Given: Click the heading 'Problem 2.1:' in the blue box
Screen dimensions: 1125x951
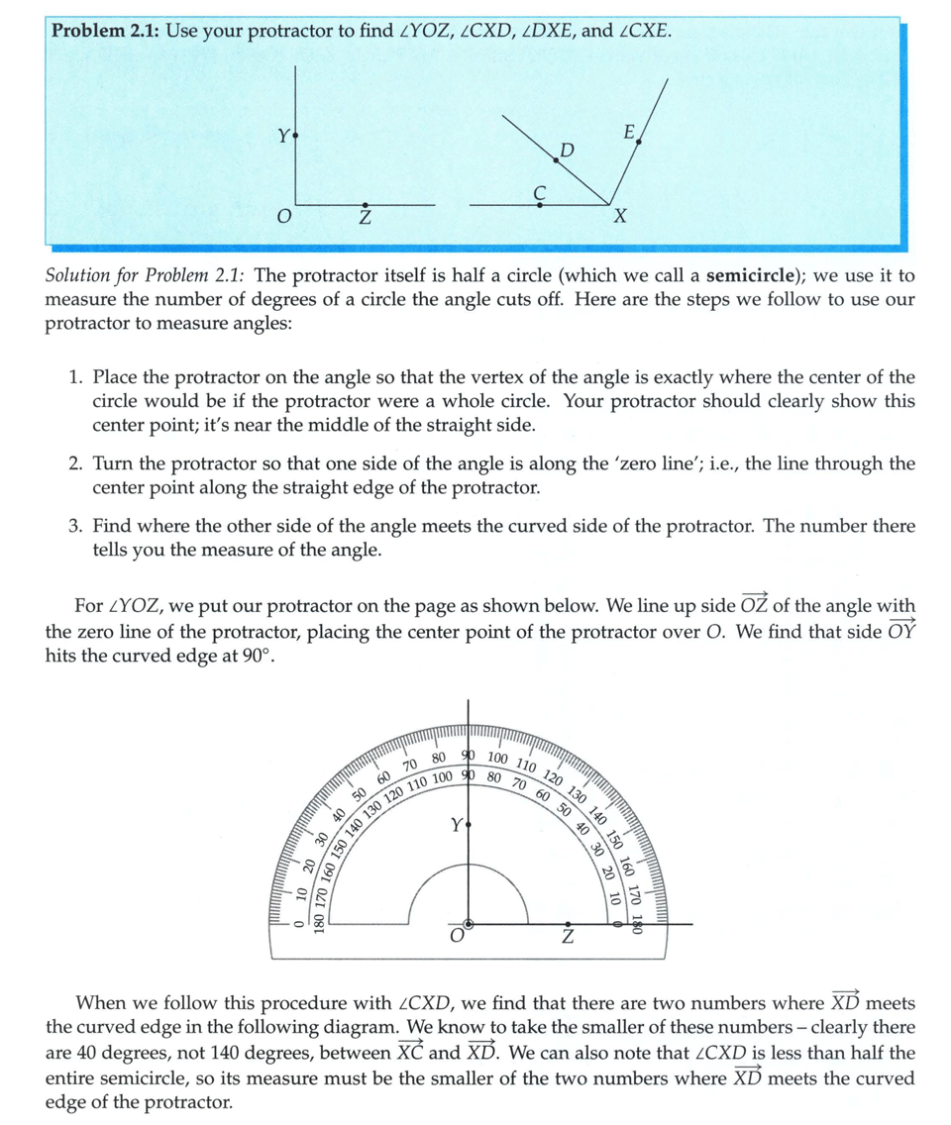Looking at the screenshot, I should (105, 31).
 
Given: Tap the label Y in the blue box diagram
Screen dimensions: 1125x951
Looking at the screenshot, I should (281, 135).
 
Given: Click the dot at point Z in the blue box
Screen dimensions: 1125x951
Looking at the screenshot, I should (366, 204).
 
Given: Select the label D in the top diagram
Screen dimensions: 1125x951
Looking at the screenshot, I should (567, 150).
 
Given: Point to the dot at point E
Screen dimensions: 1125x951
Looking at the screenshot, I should (639, 143).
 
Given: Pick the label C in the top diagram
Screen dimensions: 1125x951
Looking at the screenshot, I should (539, 190).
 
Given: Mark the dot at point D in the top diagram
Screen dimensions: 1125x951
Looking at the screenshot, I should (556, 158).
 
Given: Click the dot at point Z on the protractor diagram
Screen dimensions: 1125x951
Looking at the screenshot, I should (566, 923).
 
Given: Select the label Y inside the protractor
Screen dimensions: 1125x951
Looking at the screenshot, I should (455, 824).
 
